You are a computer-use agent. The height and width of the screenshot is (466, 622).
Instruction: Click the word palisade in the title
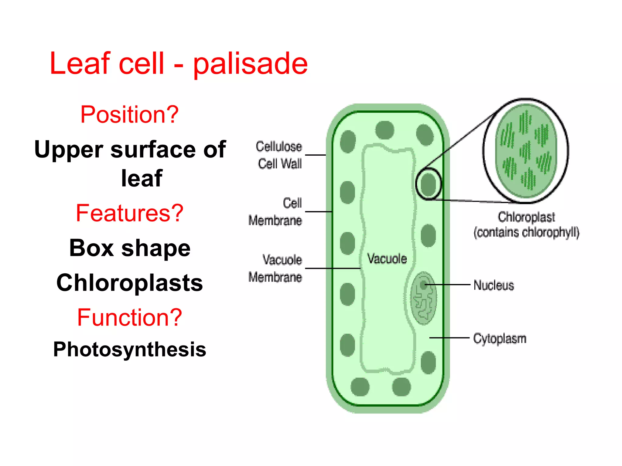[250, 64]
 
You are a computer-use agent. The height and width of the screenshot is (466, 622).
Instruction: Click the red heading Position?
[129, 114]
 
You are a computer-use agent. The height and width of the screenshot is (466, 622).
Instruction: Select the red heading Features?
[129, 213]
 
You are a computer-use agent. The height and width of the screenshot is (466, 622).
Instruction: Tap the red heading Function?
[129, 317]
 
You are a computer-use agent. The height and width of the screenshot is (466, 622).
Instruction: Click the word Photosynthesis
[130, 349]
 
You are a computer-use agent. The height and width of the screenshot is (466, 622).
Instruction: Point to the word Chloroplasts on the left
[130, 283]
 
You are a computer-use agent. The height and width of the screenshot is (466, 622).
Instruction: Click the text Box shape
[130, 248]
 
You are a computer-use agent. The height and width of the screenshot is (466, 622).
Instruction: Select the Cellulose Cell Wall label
[279, 155]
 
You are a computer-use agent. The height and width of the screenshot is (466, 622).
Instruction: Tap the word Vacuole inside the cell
[387, 259]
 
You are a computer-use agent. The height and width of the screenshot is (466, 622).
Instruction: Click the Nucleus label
[494, 285]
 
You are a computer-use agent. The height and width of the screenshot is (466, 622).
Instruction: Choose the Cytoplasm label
[500, 339]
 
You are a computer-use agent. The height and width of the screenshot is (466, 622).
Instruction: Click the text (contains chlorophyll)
[526, 232]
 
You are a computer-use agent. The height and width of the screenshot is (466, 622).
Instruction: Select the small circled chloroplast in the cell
[429, 184]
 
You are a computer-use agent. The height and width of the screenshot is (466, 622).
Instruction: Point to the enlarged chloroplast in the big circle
[526, 150]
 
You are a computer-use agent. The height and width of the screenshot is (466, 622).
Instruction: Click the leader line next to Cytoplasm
[449, 337]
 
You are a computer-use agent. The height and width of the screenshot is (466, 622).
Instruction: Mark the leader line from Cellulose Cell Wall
[315, 155]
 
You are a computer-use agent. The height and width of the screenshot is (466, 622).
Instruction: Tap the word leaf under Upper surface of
[142, 178]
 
